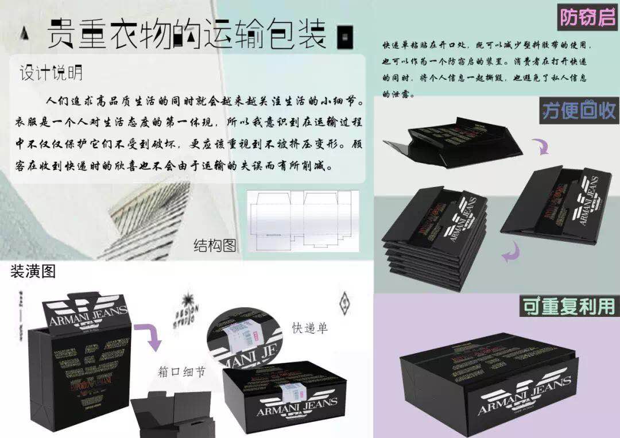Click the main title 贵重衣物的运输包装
(187, 33)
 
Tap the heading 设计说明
(52, 73)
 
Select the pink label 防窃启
(587, 18)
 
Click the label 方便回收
(578, 110)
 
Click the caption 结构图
(215, 245)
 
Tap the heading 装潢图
(33, 272)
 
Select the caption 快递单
(310, 328)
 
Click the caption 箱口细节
(181, 371)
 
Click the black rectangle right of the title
(345, 36)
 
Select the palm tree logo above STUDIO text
(187, 302)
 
